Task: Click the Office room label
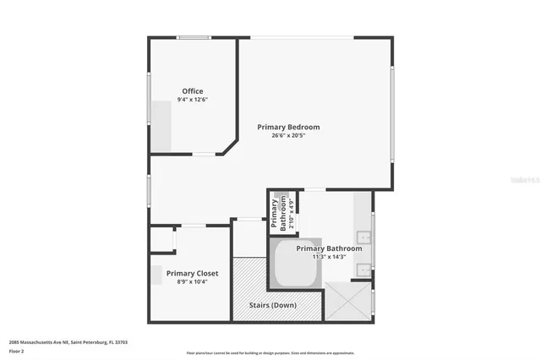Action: tap(193, 91)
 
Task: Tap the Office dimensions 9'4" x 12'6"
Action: tap(193, 100)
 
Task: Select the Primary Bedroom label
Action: tap(288, 127)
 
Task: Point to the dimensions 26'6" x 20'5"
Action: tap(288, 135)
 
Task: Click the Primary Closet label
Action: tap(192, 273)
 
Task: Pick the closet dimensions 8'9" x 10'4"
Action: tap(192, 281)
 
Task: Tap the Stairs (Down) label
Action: tap(271, 305)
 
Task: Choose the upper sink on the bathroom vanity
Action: tap(362, 237)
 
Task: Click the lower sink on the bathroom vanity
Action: tap(362, 270)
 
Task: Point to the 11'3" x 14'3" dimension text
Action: tap(329, 258)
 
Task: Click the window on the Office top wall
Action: tap(194, 37)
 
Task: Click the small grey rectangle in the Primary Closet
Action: tap(156, 275)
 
